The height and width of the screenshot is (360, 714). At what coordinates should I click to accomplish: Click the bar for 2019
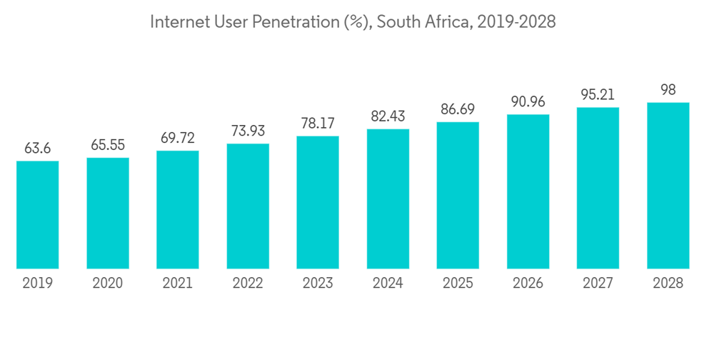click(38, 215)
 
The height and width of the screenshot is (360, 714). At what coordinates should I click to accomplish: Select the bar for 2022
click(248, 206)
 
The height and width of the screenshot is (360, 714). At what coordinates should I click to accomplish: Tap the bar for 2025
click(458, 196)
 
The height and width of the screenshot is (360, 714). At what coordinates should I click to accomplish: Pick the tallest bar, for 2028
click(668, 186)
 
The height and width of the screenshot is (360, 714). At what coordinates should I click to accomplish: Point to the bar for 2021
click(178, 210)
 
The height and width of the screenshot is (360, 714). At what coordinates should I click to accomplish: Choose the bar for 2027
click(598, 189)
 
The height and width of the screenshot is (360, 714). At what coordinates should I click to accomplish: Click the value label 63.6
click(38, 149)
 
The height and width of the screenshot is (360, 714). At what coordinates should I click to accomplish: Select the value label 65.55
click(108, 145)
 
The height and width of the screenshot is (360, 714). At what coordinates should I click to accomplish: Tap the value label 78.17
click(318, 124)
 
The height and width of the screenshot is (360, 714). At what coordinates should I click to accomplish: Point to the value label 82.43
click(388, 116)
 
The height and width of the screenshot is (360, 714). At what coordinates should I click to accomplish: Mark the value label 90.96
click(528, 101)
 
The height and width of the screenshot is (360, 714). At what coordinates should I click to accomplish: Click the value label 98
click(668, 90)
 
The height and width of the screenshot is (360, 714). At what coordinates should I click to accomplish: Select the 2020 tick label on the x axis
click(108, 284)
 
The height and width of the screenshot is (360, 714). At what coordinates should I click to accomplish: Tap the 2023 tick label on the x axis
click(318, 284)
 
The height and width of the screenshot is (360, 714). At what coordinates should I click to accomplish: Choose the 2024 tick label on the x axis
click(388, 284)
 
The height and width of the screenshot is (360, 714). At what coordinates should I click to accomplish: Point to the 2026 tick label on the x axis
click(528, 284)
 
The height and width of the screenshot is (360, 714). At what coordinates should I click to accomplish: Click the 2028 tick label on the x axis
click(668, 284)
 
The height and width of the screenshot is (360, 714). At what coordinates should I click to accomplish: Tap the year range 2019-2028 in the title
click(516, 22)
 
